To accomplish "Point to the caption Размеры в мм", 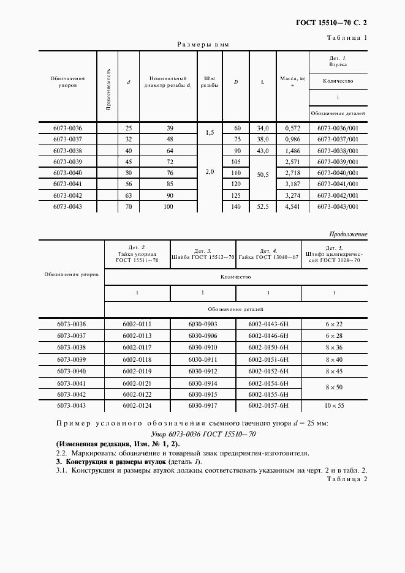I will point(202,45).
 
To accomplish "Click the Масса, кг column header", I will point(292,81).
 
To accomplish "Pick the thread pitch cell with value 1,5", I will point(210,133).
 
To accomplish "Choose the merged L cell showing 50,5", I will point(263,174).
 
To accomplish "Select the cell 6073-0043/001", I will point(338,206).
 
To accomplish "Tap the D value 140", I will point(236,206).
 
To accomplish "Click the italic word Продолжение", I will point(348,234).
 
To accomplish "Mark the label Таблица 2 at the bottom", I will point(347,479).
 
